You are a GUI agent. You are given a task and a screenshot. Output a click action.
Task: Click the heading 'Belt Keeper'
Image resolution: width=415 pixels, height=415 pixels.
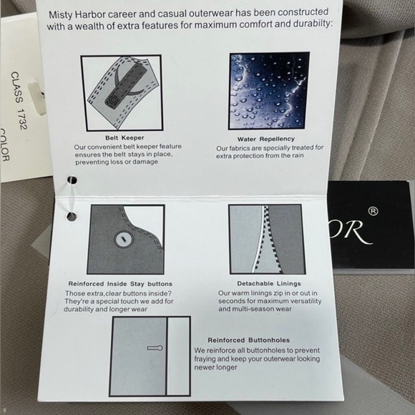pyautogui.click(x=125, y=137)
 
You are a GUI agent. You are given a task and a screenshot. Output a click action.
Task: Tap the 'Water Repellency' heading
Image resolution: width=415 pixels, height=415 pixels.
pyautogui.click(x=265, y=139)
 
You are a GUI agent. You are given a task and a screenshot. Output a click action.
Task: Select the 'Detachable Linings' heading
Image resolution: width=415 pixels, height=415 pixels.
pyautogui.click(x=269, y=283)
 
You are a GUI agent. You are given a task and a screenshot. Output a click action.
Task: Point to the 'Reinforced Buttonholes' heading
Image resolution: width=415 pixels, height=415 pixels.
pyautogui.click(x=249, y=340)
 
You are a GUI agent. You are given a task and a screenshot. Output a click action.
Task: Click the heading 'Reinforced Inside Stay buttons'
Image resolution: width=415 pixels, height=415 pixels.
pyautogui.click(x=120, y=284)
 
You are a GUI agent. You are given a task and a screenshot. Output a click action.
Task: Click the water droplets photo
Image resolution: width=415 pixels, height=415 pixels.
pyautogui.click(x=268, y=91)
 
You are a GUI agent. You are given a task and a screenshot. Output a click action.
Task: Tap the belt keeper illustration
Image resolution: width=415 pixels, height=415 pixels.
pyautogui.click(x=122, y=93)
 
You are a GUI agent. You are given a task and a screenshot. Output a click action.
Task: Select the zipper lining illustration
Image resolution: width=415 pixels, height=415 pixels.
pyautogui.click(x=268, y=239)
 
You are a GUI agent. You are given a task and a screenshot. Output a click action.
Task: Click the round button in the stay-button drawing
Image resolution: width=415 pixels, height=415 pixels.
pyautogui.click(x=124, y=240)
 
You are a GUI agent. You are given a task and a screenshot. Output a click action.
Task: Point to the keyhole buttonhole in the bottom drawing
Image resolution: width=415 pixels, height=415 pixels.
pyautogui.click(x=155, y=348)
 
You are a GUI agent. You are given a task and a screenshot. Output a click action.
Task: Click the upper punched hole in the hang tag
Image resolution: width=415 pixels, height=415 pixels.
pyautogui.click(x=72, y=180)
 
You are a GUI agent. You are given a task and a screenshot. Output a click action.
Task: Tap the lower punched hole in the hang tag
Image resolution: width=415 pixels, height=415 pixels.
pyautogui.click(x=72, y=217)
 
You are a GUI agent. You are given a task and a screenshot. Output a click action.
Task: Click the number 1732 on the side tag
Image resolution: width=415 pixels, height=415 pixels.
pyautogui.click(x=21, y=119)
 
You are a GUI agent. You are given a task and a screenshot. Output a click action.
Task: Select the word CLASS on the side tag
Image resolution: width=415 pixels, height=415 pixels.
pyautogui.click(x=16, y=87)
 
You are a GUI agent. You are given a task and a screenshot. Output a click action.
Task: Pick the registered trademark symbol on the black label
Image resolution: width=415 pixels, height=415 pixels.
pyautogui.click(x=373, y=211)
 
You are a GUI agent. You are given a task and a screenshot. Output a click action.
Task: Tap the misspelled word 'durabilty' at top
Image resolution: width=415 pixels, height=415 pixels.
pyautogui.click(x=313, y=24)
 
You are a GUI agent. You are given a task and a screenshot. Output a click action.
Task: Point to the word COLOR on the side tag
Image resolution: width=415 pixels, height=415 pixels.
pyautogui.click(x=4, y=145)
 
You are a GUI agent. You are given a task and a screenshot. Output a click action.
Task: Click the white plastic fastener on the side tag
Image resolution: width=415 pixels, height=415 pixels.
pyautogui.click(x=37, y=98)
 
